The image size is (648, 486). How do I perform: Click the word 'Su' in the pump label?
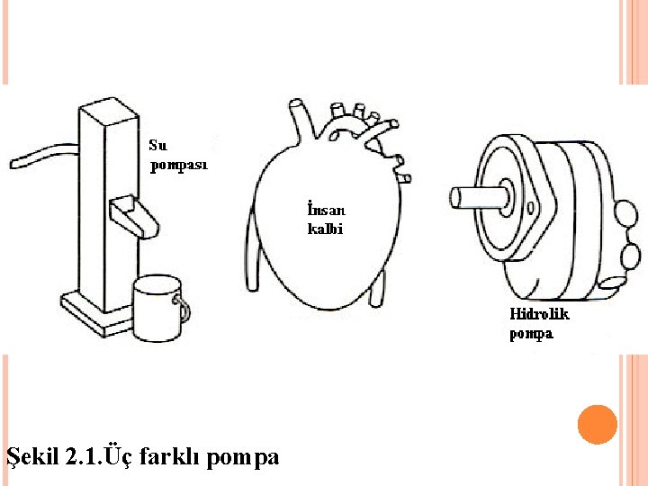[x=157, y=144]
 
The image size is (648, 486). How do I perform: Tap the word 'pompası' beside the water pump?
[x=178, y=166]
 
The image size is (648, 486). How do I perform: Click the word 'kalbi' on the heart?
[x=325, y=229]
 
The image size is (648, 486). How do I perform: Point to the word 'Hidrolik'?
[x=539, y=315]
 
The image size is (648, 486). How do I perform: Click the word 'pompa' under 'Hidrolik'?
[x=531, y=334]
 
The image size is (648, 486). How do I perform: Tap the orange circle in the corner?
[x=597, y=425]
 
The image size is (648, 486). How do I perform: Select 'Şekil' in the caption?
[x=33, y=457]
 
